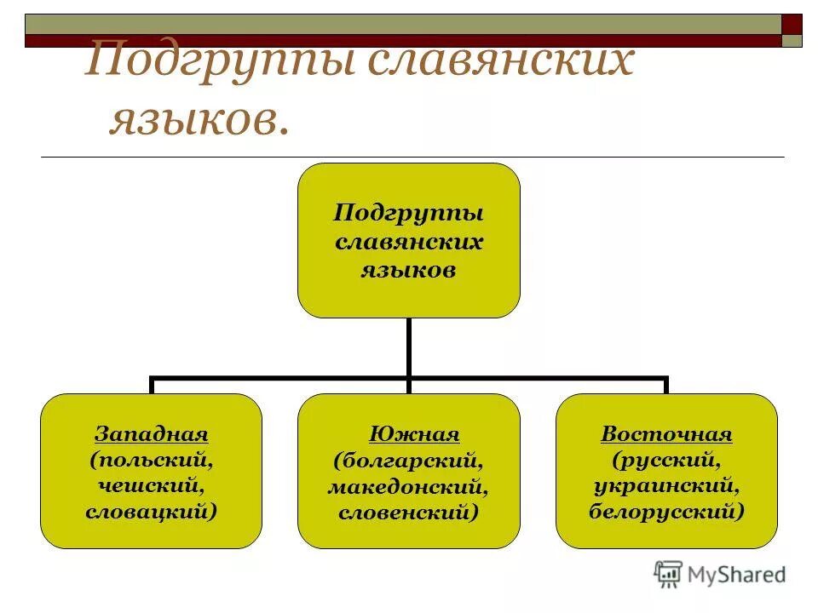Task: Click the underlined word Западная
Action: (151, 434)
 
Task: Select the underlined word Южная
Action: (414, 434)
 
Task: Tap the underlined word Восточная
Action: (666, 434)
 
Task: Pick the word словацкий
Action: (151, 512)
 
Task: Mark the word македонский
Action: (408, 487)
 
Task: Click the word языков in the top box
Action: (408, 271)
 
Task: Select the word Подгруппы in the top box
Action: (408, 212)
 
